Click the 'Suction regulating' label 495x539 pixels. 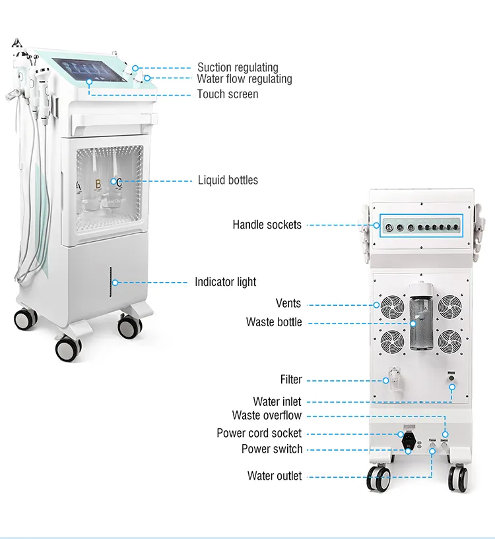[238, 67]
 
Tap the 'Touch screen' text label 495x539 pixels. [228, 94]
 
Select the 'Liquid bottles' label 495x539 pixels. [228, 180]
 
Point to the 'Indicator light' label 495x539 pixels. [226, 282]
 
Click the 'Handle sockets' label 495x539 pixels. [267, 225]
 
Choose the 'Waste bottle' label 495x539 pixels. [274, 322]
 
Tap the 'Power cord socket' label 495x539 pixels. [259, 433]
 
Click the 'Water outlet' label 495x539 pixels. [275, 476]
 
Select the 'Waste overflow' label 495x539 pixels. [267, 415]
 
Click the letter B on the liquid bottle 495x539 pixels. [98, 184]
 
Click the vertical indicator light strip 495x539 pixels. [110, 282]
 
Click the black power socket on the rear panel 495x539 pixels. [409, 441]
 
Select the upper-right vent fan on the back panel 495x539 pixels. [449, 306]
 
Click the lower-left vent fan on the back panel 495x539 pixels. [393, 341]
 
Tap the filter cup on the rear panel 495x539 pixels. [395, 380]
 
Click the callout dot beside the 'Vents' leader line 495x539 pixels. [377, 305]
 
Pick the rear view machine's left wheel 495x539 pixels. [378, 478]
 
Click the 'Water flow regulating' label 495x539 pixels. [244, 78]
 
